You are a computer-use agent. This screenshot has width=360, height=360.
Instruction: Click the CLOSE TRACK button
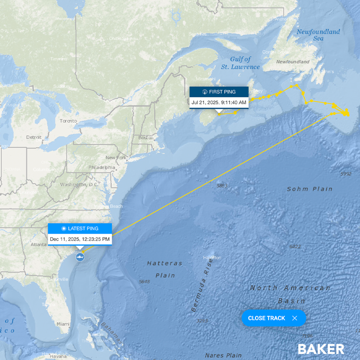274,318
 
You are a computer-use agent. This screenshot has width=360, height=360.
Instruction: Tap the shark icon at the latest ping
80,257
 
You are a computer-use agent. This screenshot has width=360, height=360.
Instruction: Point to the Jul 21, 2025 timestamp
219,102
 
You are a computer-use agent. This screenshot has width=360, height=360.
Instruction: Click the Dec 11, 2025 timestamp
80,239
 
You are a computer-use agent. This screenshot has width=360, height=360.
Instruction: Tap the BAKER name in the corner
321,349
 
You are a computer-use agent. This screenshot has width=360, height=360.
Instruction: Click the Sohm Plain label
309,189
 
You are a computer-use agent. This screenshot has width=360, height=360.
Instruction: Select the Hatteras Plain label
165,269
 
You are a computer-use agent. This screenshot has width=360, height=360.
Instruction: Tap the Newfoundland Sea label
318,35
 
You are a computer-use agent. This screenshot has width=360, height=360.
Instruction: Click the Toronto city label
68,121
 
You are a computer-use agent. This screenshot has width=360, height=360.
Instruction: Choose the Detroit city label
34,137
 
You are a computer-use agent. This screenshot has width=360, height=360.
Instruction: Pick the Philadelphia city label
102,167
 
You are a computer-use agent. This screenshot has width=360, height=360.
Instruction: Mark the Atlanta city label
38,244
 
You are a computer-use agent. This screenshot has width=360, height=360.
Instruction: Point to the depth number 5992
345,174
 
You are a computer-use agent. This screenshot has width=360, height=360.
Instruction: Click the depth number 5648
144,281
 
